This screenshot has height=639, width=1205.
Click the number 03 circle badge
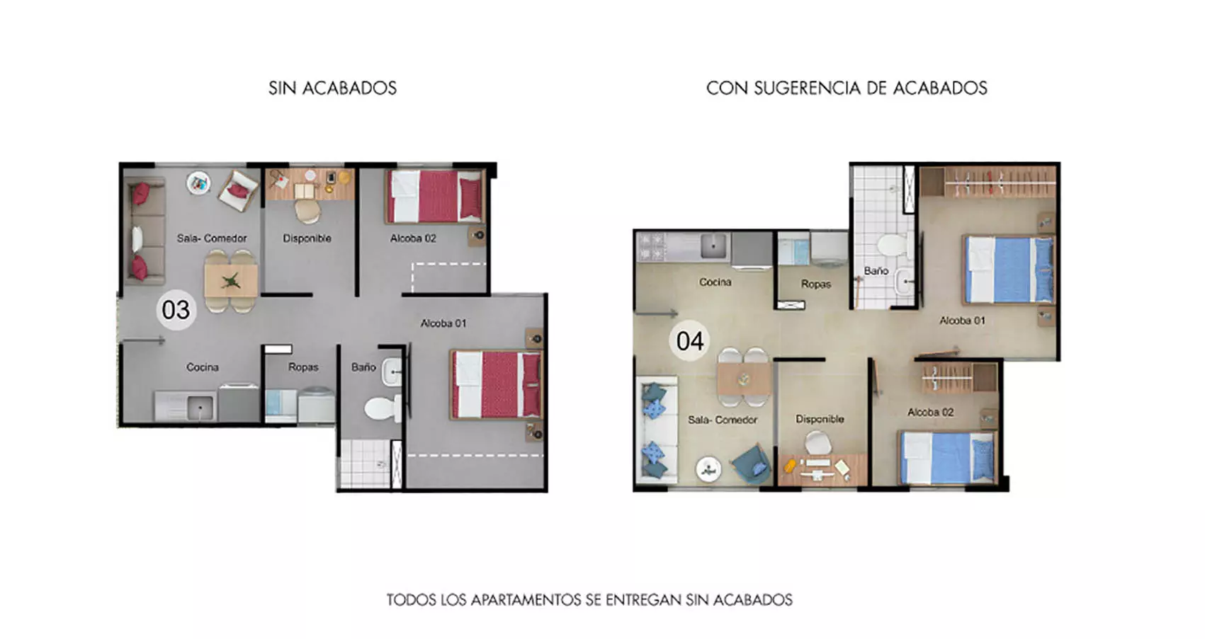point(176,310)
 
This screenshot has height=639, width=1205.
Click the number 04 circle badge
point(689,341)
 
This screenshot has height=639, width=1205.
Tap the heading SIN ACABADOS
point(332,88)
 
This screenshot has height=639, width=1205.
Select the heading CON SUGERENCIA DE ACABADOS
point(847,88)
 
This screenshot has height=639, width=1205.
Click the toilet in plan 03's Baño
point(381,408)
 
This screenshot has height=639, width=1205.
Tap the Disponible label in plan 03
point(307,238)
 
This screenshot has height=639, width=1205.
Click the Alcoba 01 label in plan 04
point(962,321)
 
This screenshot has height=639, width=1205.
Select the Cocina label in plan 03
point(202,367)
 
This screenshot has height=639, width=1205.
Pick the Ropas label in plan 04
point(816,284)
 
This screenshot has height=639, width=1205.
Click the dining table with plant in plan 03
point(231,281)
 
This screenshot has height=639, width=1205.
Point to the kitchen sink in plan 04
point(713,246)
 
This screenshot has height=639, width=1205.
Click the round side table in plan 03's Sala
point(199,184)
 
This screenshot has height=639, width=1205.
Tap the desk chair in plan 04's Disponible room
point(818,444)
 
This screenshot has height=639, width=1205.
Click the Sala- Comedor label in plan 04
point(723,420)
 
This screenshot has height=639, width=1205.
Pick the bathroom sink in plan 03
point(392,371)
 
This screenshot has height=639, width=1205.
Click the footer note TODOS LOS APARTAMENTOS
point(589,600)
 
